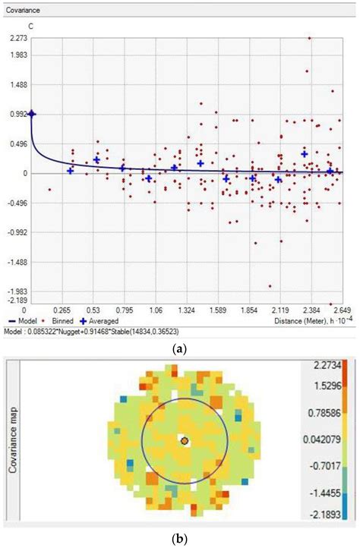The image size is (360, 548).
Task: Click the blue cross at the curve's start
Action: point(32,114)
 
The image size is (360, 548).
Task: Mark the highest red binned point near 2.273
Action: point(308,38)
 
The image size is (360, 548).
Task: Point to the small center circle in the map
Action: point(184,439)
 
